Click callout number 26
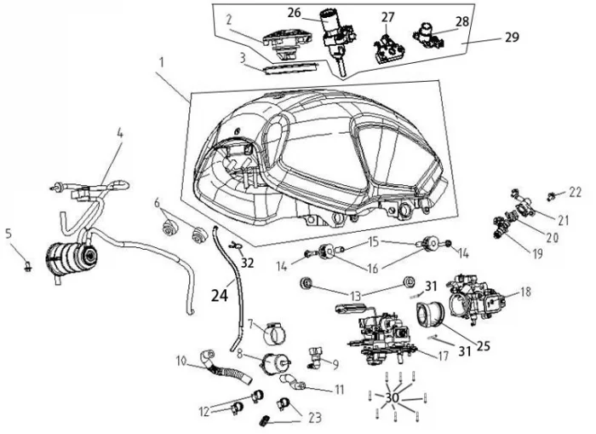[295, 13]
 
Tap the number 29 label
[512, 37]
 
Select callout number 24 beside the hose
[220, 295]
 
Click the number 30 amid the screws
[393, 398]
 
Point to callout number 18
[525, 292]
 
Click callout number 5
[9, 234]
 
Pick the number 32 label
[247, 263]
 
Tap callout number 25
[483, 345]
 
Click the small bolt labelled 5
[28, 267]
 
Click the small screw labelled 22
[550, 196]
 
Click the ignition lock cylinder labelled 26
[333, 40]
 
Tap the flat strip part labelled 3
[290, 69]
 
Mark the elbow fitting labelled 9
[316, 358]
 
